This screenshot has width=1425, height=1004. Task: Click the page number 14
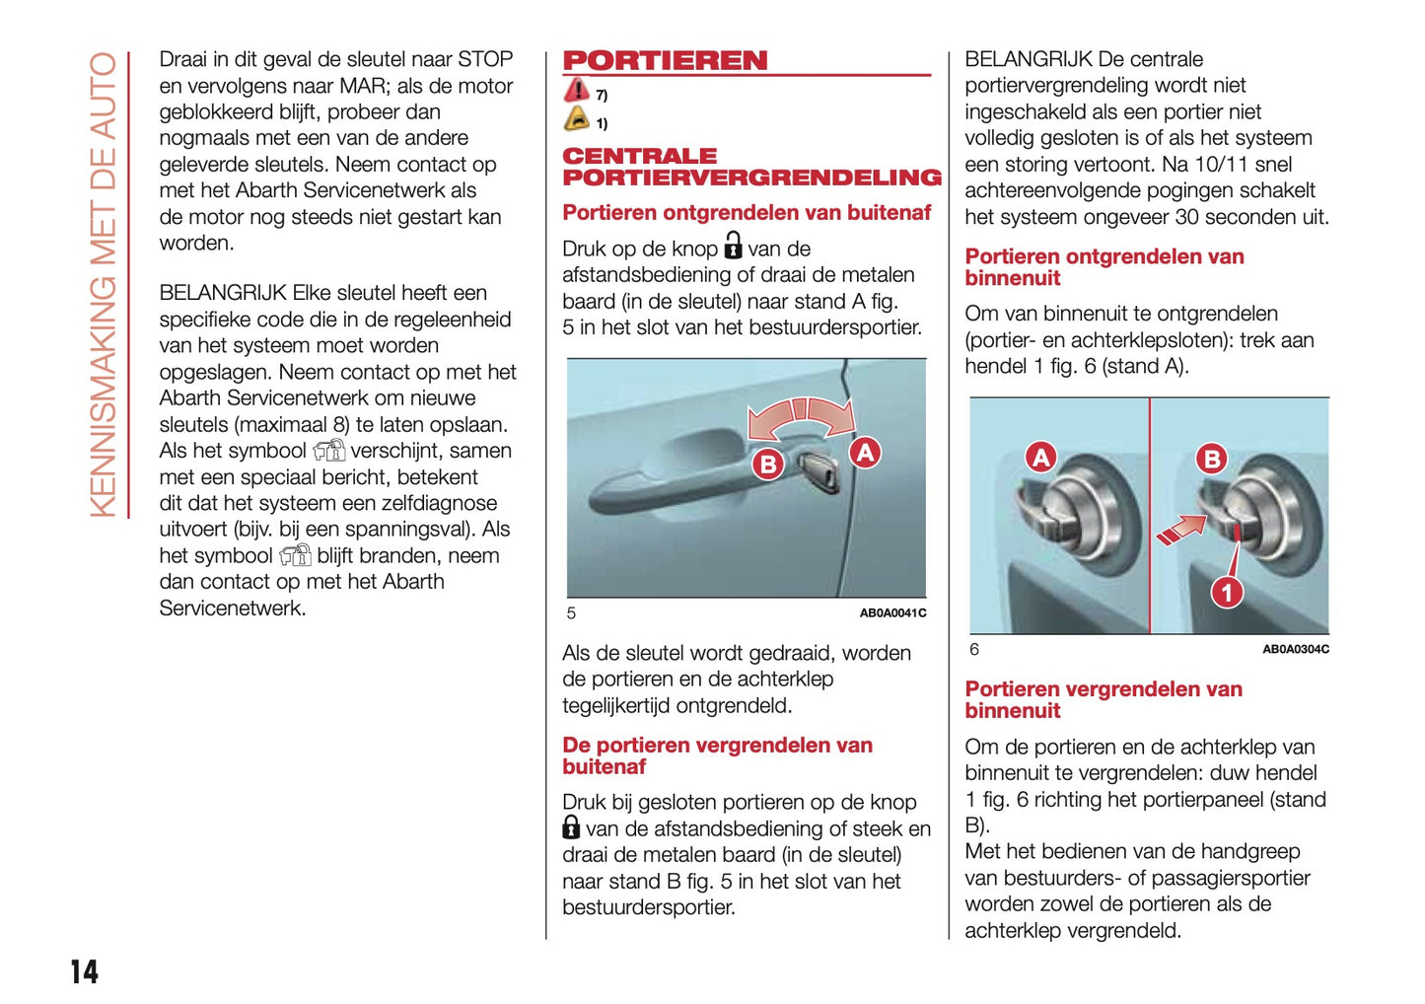coord(84,971)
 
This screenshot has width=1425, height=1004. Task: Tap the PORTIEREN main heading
coord(665,61)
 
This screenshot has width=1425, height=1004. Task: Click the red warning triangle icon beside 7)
coord(576,91)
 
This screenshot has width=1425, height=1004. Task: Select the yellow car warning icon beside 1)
coord(576,119)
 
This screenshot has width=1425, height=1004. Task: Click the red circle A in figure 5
coord(865,453)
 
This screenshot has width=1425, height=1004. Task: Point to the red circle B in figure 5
coord(766,464)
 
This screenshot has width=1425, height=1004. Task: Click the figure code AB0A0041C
coord(892,613)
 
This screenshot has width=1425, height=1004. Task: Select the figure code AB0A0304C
coord(1295,649)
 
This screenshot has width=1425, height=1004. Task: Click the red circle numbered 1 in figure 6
coord(1226,592)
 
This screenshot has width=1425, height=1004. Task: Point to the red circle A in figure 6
coord(1040,457)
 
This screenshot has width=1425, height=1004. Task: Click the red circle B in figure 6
coord(1211,459)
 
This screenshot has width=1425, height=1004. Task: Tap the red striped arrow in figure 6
coord(1180,530)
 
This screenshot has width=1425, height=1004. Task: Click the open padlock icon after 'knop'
coord(733,245)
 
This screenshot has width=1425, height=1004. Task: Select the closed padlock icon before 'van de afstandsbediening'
coord(571,826)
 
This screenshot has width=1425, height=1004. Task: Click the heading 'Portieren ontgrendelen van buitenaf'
coord(747,213)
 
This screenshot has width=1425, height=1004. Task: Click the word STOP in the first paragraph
coord(484,59)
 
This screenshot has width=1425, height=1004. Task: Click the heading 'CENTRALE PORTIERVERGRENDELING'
coord(751,167)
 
